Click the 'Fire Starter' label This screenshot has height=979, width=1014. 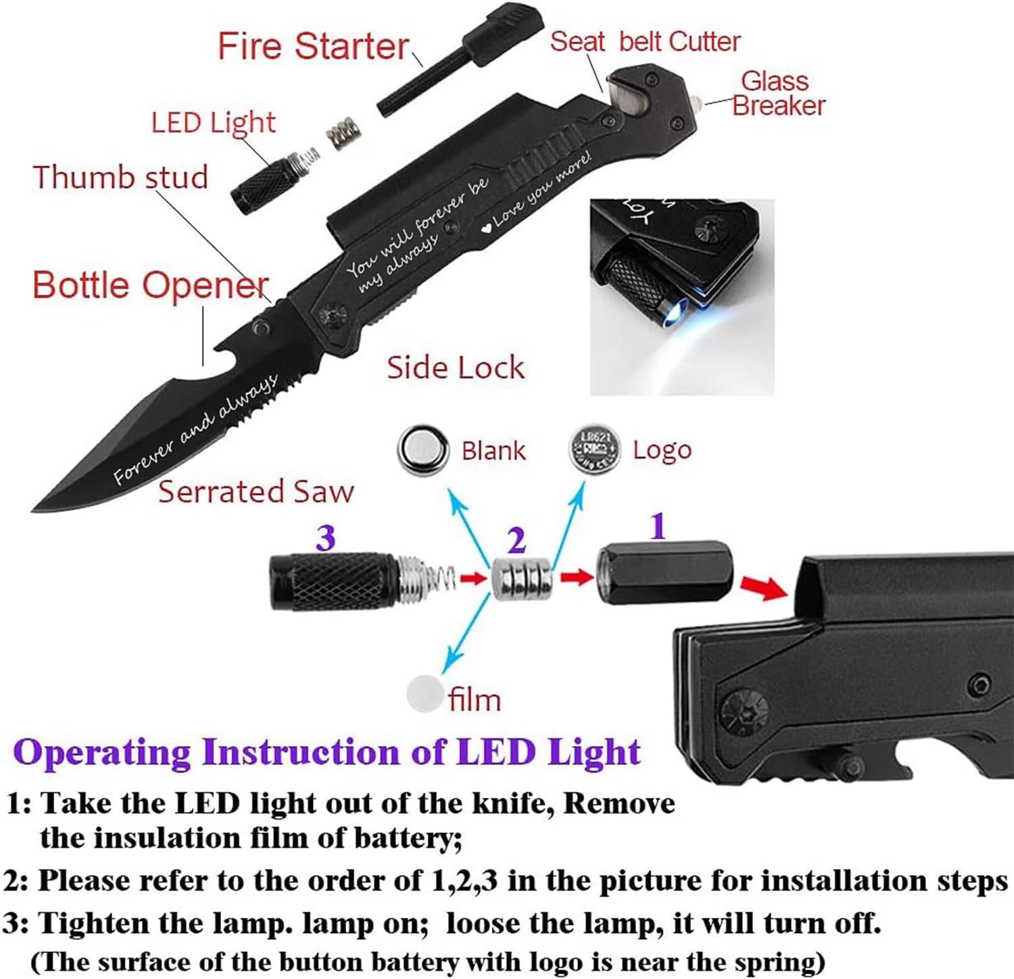(313, 46)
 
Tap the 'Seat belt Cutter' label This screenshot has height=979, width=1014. (645, 42)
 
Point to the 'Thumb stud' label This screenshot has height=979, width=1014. (120, 177)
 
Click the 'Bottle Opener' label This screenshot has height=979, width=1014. (150, 284)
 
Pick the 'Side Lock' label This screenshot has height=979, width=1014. (455, 368)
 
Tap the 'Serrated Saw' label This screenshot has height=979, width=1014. (256, 491)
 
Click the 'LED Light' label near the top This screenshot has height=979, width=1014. (213, 123)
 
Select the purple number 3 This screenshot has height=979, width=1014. (325, 538)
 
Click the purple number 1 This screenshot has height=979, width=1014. (658, 526)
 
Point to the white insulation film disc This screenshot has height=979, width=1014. (424, 693)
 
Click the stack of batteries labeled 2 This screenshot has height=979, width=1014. (521, 578)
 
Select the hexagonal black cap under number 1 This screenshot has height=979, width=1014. (665, 573)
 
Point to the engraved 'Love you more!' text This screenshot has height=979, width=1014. (541, 191)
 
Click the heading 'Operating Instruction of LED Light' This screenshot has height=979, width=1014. (327, 752)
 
